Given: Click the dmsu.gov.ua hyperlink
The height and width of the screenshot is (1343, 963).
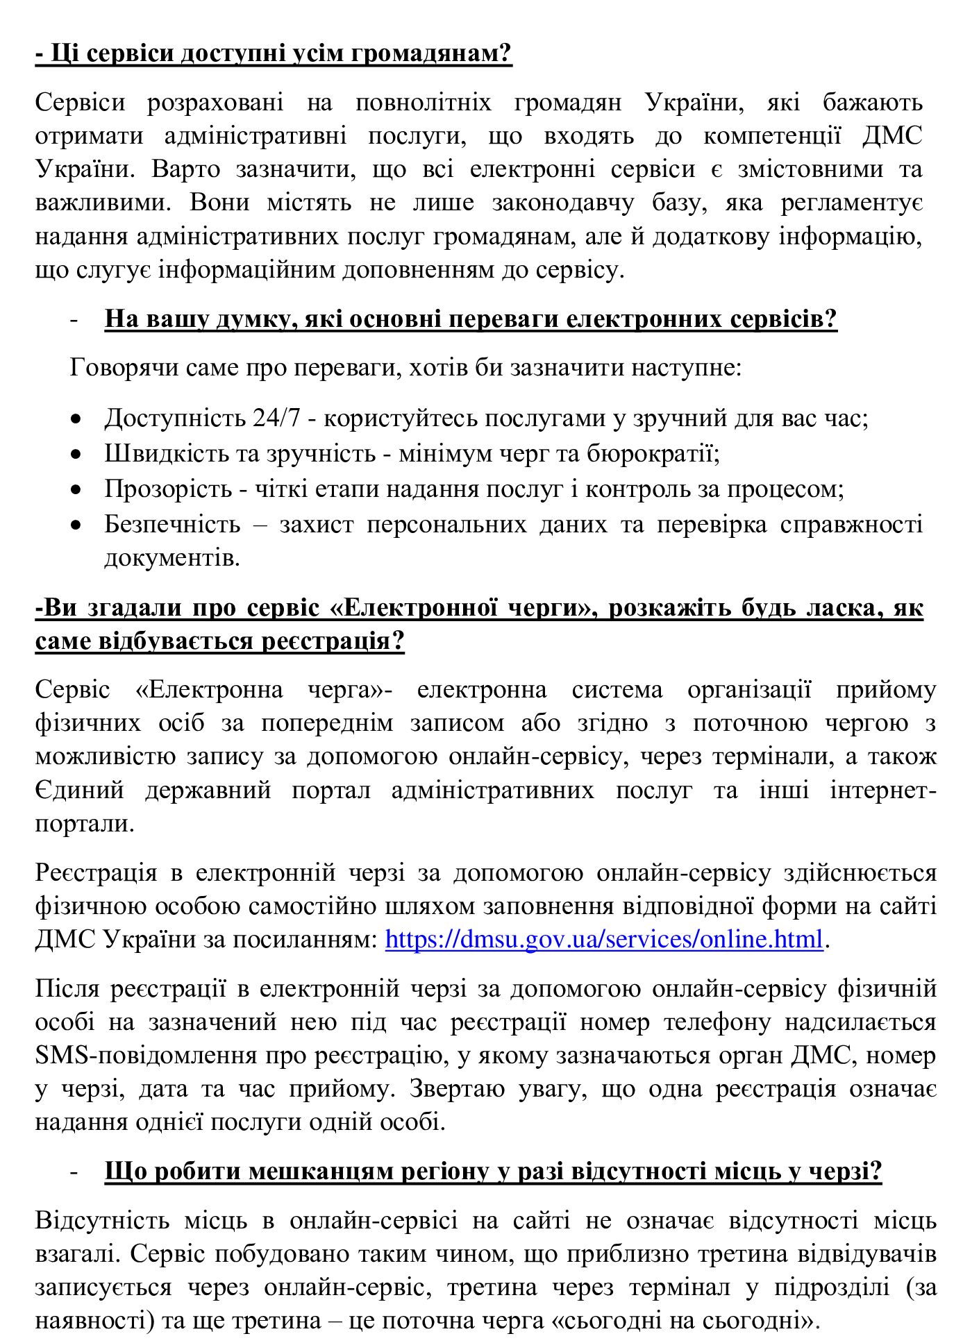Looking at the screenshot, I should point(603,939).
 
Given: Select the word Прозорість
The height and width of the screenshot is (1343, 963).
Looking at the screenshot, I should point(168,489).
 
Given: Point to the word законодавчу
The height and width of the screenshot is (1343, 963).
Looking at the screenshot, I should point(562,203).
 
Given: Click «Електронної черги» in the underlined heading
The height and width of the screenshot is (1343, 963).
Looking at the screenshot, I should point(464,607).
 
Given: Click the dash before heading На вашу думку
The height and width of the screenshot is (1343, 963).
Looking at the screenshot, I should point(74,320).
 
